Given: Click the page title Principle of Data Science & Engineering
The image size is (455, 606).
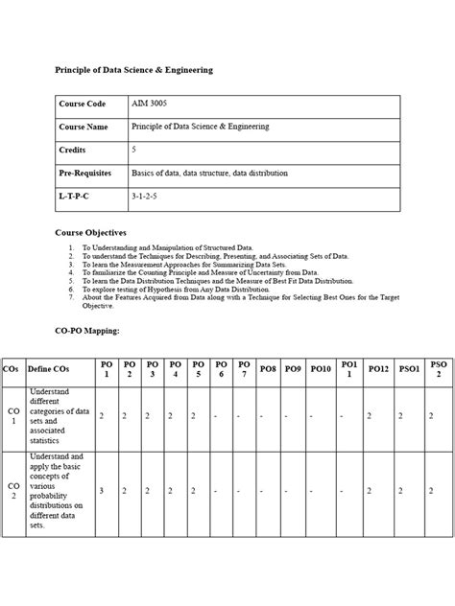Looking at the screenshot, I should [133, 70].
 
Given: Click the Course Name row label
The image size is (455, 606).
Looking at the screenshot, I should [84, 127].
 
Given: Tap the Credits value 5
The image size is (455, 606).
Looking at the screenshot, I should [134, 151].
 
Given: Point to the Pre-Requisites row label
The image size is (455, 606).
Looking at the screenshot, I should [85, 174].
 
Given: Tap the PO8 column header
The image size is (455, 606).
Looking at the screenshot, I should [268, 369].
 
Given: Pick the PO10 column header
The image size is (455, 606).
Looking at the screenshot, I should [320, 369].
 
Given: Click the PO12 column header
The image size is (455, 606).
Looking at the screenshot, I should [378, 369].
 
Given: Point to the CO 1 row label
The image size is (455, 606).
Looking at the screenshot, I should [12, 415].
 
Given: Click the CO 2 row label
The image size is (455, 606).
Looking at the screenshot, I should [12, 491].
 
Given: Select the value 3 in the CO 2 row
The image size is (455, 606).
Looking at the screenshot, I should [102, 491].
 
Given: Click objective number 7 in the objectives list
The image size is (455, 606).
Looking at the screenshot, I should [71, 297].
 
